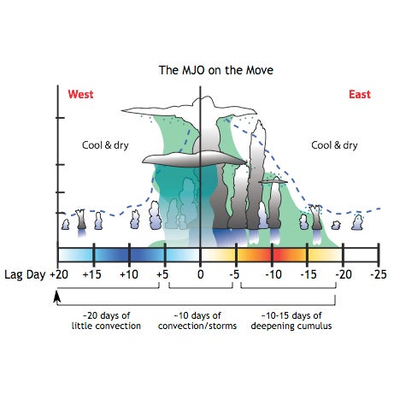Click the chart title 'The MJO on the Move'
(216, 70)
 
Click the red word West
(80, 94)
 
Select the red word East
(360, 94)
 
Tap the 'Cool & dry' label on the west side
(105, 145)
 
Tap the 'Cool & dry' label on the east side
(334, 145)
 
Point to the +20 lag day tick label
(59, 274)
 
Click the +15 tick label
(91, 274)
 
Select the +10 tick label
(129, 274)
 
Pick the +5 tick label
(162, 274)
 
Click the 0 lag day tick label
(201, 274)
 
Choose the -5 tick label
(234, 274)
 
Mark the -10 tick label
(273, 274)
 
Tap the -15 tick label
(309, 274)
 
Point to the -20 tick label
(344, 274)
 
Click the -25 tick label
(379, 274)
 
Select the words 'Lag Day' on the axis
(25, 275)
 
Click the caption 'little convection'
(106, 326)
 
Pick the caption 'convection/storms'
(197, 326)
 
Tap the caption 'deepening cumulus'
(291, 326)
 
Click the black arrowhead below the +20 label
(57, 297)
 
